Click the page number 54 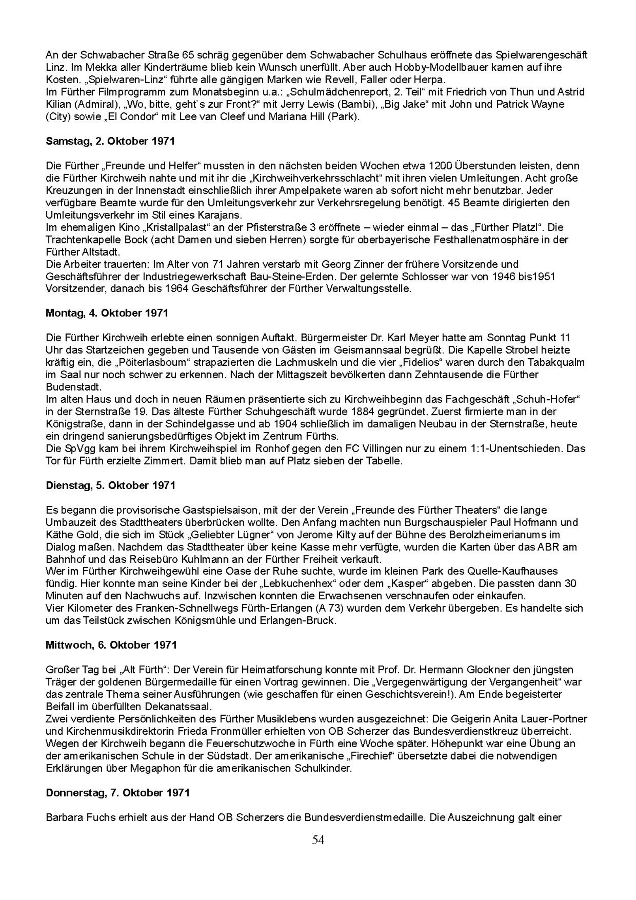[318, 840]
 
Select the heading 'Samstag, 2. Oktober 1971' [110, 141]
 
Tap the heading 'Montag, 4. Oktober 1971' [107, 313]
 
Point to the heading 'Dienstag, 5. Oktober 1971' [111, 485]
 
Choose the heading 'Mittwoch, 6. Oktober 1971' [111, 645]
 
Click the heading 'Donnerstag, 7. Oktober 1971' [118, 793]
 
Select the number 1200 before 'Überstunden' [439, 166]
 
